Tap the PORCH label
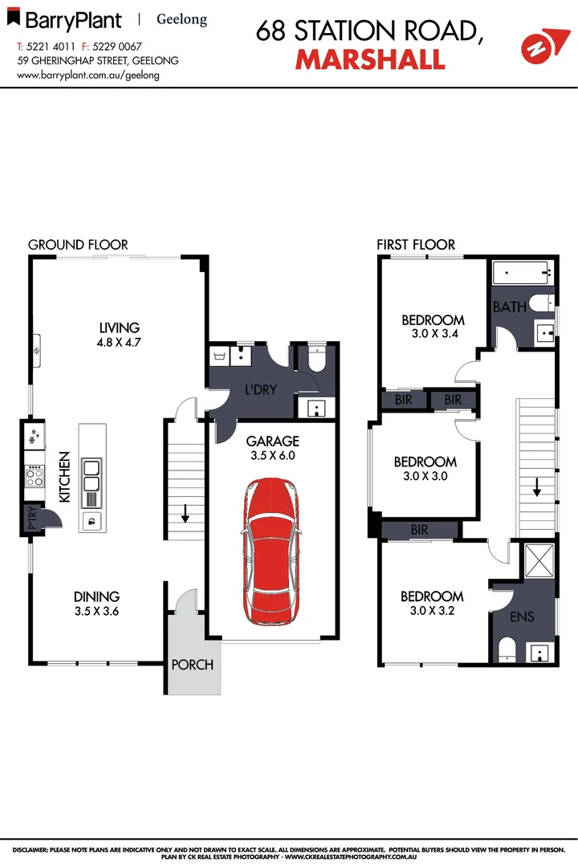coord(193,665)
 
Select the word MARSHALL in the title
coord(370,59)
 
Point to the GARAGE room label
coord(272,441)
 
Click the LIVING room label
coord(120,328)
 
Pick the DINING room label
coord(97,596)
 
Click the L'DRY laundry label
coord(260,390)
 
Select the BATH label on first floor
coord(509,307)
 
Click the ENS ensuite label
coord(523,617)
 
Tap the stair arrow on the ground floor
coord(185,512)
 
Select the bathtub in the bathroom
coord(523,275)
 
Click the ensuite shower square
coord(539,560)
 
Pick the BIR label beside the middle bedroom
coord(419,530)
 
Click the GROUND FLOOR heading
coord(78,244)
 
